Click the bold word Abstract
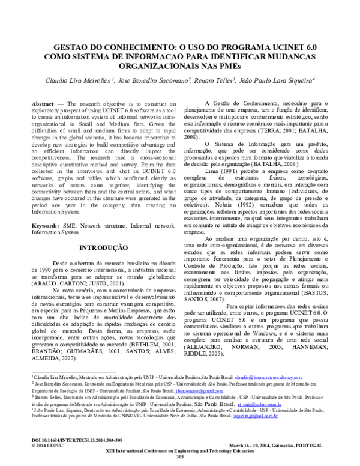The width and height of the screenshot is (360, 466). pos(43,103)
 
